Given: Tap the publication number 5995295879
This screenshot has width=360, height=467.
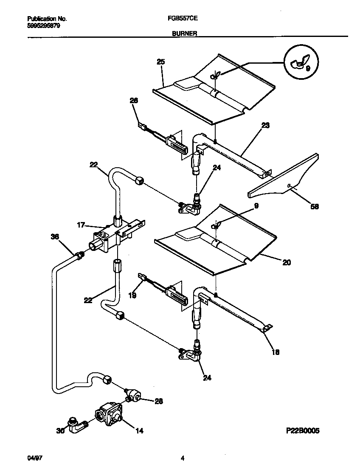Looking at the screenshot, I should click(43, 25).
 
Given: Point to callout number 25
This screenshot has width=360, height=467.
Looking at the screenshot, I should click(160, 62).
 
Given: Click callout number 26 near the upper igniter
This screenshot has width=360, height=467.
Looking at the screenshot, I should click(134, 101).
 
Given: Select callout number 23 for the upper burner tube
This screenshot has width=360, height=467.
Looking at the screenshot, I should click(265, 126).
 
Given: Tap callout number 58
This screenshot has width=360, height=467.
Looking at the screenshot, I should click(314, 207).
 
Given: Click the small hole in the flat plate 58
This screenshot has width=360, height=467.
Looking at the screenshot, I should click(288, 186).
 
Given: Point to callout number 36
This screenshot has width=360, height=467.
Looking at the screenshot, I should click(54, 237).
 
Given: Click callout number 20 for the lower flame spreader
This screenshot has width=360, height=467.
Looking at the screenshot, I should click(287, 262).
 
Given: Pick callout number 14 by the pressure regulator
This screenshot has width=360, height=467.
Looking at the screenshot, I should click(139, 430).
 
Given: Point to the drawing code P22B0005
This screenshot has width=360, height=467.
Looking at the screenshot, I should click(302, 430).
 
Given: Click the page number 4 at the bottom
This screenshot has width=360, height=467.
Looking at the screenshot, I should click(183, 458).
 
